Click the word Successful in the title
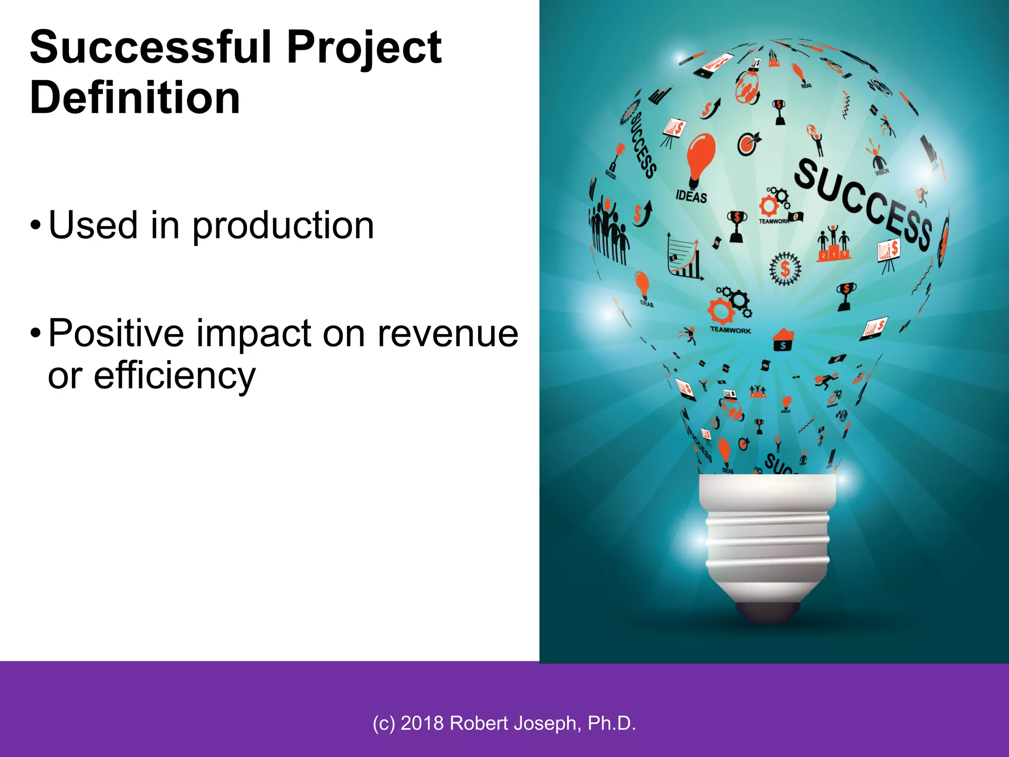(x=151, y=47)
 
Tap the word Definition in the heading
(x=135, y=98)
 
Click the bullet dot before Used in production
(x=35, y=226)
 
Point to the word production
(x=283, y=226)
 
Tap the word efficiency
(x=174, y=376)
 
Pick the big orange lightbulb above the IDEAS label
(x=700, y=158)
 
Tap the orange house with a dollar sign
(x=783, y=340)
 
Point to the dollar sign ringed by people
(x=785, y=269)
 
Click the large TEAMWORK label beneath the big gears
(x=730, y=330)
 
